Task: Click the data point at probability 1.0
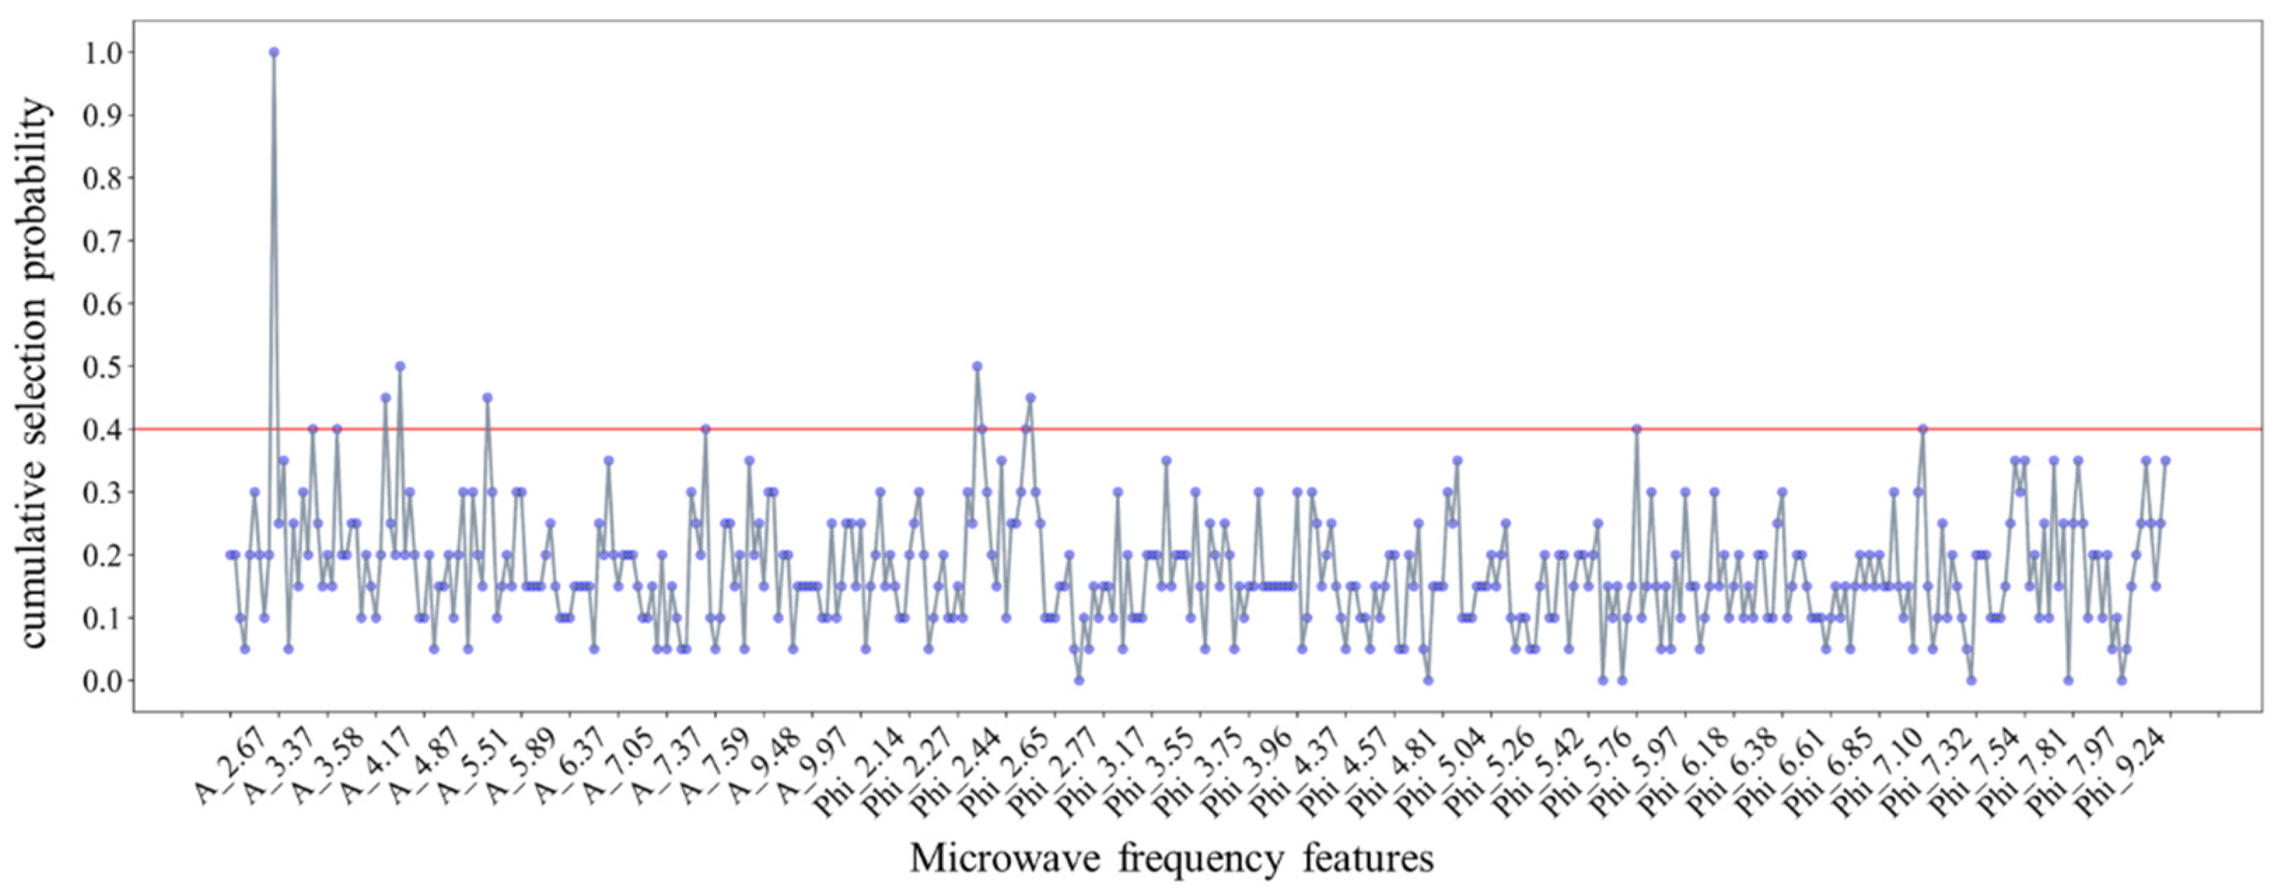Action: (x=274, y=52)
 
